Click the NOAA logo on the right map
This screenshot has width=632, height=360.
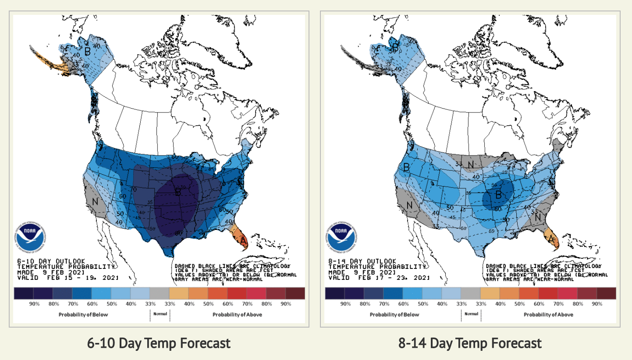tap(341, 235)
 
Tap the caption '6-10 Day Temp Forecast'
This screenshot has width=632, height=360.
tap(159, 343)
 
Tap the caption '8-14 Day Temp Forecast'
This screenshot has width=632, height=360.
tap(470, 343)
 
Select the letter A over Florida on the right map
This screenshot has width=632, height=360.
tap(551, 239)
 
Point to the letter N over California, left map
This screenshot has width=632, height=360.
tap(95, 202)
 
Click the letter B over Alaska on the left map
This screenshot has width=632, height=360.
tap(88, 52)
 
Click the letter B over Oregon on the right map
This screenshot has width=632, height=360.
tap(406, 167)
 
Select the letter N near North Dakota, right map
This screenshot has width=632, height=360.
tap(471, 165)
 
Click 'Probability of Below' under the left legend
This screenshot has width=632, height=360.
tap(83, 314)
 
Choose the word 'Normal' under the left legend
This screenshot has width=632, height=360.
tap(160, 314)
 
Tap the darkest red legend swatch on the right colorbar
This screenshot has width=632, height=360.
tap(606, 293)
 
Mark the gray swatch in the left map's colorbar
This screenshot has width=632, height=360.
tap(159, 293)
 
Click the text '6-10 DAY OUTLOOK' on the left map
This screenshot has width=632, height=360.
tap(43, 261)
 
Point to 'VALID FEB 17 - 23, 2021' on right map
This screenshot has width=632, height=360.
tap(379, 278)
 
